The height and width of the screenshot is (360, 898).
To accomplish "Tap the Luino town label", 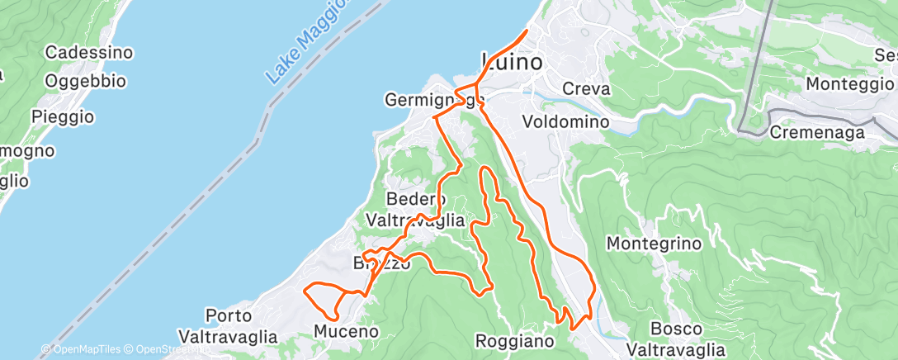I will coord(513,62).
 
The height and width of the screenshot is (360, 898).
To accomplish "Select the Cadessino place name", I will coord(89,53).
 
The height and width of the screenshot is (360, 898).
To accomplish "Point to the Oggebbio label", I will coord(85,81).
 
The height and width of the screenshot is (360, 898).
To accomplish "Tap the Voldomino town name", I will coord(566,122).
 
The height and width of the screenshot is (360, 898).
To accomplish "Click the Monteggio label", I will coord(849,84).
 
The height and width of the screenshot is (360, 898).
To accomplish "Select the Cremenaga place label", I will coord(816,131).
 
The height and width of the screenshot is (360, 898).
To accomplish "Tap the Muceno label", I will coord(346,332).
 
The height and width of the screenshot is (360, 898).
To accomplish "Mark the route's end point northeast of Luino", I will coord(526,31).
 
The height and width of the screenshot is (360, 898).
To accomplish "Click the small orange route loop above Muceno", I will coord(324,299).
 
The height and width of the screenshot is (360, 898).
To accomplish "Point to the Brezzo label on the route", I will coord(381,264).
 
